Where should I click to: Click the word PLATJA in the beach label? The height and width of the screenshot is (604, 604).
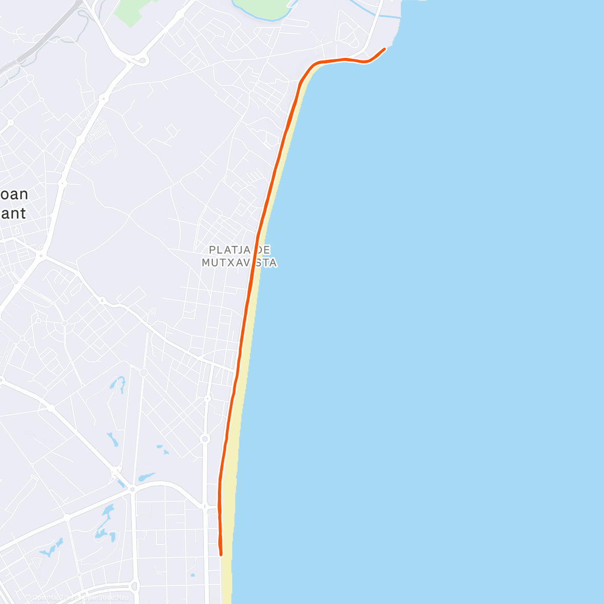click(226, 250)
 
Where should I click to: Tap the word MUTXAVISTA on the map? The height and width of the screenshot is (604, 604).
click(239, 263)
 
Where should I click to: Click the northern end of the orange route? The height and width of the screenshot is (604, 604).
click(385, 49)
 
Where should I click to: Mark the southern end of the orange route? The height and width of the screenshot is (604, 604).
click(221, 554)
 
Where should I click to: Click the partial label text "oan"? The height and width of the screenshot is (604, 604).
click(15, 194)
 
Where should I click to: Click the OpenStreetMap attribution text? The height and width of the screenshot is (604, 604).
click(105, 598)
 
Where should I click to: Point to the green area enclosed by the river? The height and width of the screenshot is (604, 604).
click(262, 8)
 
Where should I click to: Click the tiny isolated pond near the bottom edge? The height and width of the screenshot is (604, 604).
click(192, 575)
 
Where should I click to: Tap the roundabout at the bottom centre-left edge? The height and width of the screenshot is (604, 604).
click(134, 586)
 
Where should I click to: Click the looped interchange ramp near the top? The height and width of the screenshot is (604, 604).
click(142, 61)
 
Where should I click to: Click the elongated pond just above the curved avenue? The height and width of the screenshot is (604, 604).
click(146, 476)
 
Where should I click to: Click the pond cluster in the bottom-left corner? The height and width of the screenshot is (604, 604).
click(50, 549)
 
